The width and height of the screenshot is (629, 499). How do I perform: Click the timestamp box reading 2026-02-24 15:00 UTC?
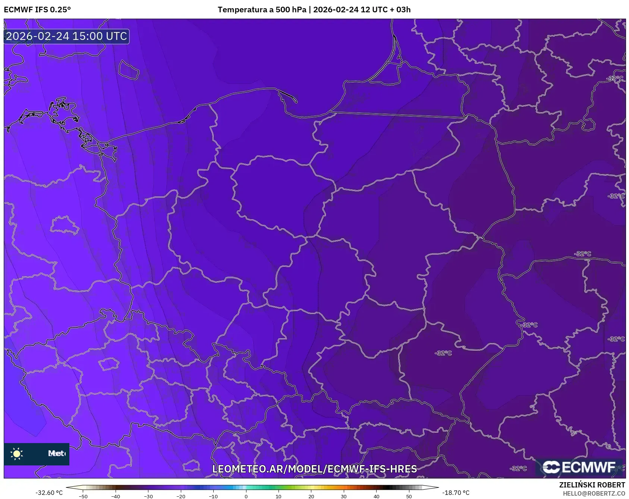pyautogui.click(x=66, y=36)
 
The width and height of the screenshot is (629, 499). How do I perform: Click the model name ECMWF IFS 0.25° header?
pyautogui.click(x=37, y=10)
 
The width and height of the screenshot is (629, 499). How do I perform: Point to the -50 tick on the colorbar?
pyautogui.click(x=84, y=496)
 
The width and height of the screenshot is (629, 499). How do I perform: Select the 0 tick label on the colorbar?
pyautogui.click(x=246, y=496)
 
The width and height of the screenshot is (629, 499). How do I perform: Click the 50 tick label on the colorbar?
pyautogui.click(x=409, y=496)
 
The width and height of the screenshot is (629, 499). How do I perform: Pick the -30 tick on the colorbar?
pyautogui.click(x=148, y=496)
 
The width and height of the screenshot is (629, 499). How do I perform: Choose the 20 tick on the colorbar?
pyautogui.click(x=311, y=496)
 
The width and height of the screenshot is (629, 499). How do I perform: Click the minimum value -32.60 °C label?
pyautogui.click(x=49, y=493)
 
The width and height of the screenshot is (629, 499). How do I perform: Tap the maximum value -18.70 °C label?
pyautogui.click(x=456, y=493)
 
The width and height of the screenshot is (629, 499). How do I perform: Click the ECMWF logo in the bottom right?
pyautogui.click(x=579, y=467)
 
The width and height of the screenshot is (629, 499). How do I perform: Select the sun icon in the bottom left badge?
pyautogui.click(x=17, y=454)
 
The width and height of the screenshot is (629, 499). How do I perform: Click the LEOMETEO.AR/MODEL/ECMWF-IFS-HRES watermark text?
pyautogui.click(x=314, y=469)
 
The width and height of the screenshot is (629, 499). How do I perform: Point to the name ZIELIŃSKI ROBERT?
pyautogui.click(x=592, y=485)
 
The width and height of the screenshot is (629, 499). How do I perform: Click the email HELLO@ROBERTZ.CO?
pyautogui.click(x=594, y=493)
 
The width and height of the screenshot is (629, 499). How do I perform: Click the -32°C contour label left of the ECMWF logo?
pyautogui.click(x=519, y=468)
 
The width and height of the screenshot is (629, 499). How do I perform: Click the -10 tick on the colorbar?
pyautogui.click(x=213, y=496)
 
